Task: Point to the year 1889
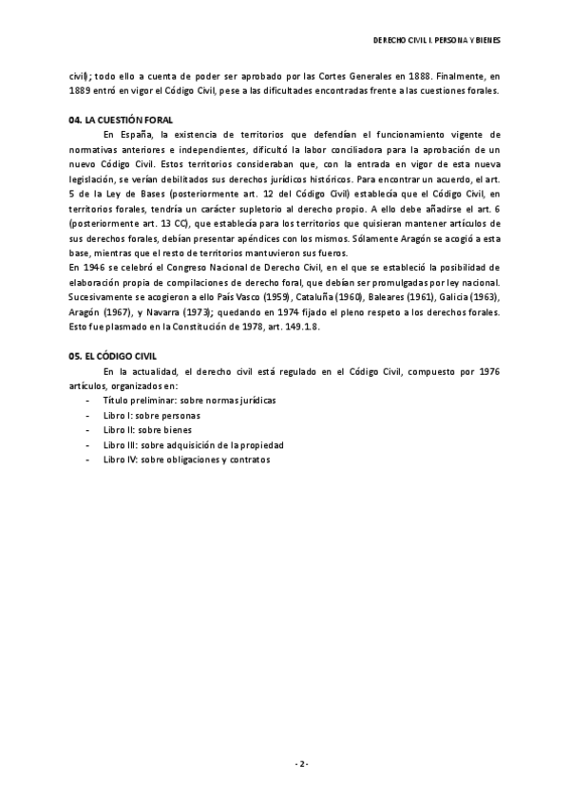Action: (x=83, y=90)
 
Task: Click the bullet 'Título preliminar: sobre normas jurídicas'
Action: (x=190, y=401)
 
